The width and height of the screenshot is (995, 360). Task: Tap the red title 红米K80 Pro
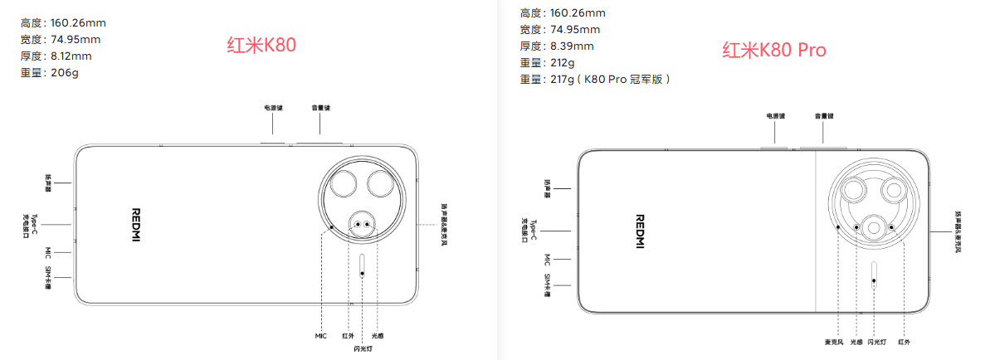(x=773, y=51)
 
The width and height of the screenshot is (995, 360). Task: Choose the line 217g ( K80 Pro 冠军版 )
(x=595, y=80)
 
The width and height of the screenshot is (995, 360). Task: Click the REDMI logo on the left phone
(x=137, y=225)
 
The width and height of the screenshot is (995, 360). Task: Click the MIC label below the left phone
(x=321, y=336)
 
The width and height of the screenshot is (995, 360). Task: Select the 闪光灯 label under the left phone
(x=363, y=349)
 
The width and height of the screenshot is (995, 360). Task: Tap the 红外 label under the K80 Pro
(x=904, y=342)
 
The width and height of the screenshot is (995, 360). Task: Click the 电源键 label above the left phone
(x=273, y=108)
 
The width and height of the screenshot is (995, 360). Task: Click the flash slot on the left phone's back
(x=363, y=265)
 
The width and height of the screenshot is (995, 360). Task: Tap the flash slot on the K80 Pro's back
(x=874, y=274)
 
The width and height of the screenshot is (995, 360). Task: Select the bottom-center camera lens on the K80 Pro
(x=874, y=227)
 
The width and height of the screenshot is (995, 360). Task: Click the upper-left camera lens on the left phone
(x=344, y=184)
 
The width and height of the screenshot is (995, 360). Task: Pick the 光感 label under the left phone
(x=378, y=336)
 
